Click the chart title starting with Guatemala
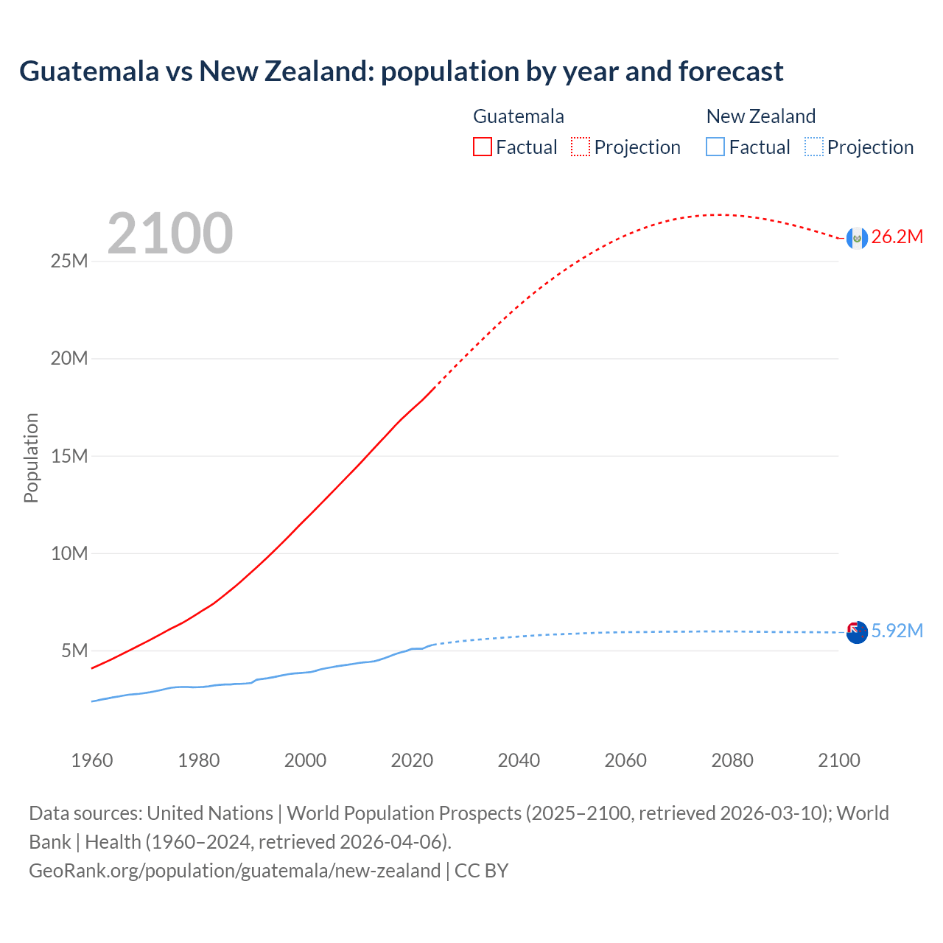click(x=402, y=71)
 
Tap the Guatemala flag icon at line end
click(x=856, y=238)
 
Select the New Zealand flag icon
click(x=856, y=632)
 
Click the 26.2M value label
click(x=897, y=237)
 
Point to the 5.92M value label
click(x=897, y=631)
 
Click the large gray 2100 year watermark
click(x=170, y=234)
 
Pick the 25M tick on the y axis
click(x=69, y=262)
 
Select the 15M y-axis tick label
click(x=69, y=456)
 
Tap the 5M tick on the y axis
click(x=74, y=651)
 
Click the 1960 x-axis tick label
click(x=92, y=760)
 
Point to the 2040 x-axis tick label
click(x=519, y=760)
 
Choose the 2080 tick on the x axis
click(x=732, y=760)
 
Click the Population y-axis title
click(x=31, y=458)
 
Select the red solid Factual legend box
click(x=483, y=147)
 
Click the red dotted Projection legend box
click(x=581, y=147)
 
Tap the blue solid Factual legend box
click(x=715, y=147)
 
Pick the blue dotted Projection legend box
click(x=813, y=147)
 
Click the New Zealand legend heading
click(x=761, y=116)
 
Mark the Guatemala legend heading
click(x=519, y=116)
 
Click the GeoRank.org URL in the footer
click(x=234, y=871)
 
